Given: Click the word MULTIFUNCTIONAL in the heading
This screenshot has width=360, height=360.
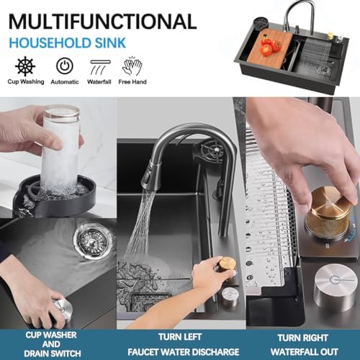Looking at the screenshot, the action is (102, 22).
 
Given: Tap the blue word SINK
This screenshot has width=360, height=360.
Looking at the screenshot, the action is (110, 43).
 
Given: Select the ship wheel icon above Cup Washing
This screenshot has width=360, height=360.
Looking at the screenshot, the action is (25, 66).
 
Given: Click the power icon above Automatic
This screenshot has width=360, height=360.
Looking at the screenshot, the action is (65, 66).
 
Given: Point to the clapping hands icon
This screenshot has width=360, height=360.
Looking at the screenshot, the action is (132, 66).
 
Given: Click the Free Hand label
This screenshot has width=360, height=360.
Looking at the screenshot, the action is (132, 82).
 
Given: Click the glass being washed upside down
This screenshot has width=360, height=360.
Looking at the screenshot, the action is (61, 146).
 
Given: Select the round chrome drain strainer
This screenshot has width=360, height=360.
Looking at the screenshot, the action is (91, 240).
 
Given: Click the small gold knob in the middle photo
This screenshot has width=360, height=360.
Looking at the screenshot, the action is (228, 264).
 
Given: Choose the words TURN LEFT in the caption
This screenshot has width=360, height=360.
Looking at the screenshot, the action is (180, 337).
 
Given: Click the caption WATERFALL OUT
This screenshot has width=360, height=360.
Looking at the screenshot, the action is (305, 352).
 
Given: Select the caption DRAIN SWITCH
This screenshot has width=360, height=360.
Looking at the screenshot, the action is (53, 354).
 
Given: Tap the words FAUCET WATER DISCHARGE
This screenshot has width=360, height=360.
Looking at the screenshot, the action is (183, 352).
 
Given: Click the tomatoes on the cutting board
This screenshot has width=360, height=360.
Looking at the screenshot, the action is (271, 46).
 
